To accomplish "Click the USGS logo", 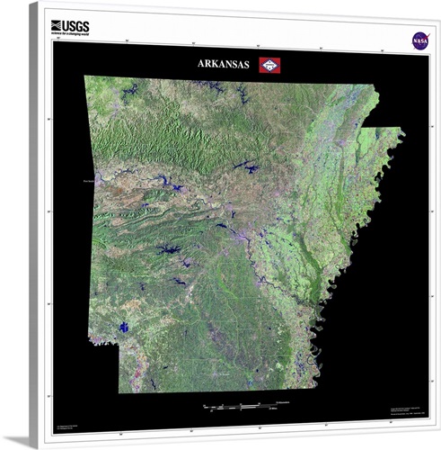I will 72,27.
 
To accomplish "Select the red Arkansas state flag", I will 269,64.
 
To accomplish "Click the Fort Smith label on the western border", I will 88,181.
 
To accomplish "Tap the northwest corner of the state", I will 85,78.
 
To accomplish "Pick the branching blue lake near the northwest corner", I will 125,90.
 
